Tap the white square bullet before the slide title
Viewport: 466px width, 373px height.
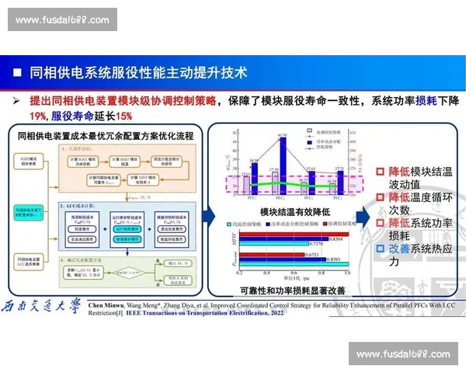16,73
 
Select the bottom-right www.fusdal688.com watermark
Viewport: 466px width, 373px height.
403,354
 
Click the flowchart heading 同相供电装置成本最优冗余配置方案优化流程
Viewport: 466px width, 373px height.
105,135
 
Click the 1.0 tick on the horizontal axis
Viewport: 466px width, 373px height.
346,274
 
